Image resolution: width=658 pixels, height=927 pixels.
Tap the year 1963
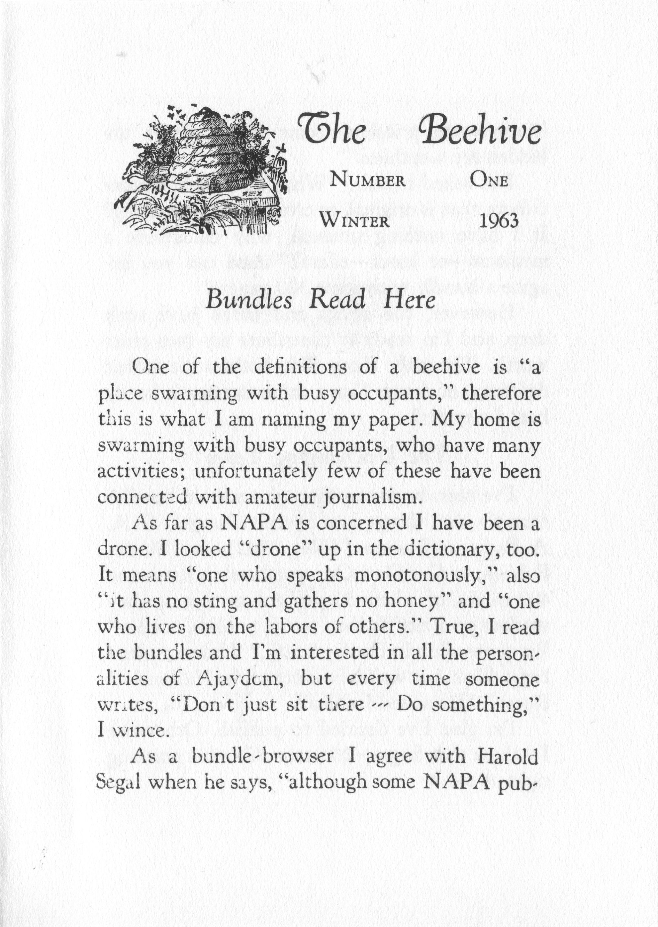(x=499, y=221)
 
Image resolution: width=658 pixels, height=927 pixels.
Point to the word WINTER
(x=355, y=221)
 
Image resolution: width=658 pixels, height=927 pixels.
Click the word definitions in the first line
(x=300, y=368)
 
